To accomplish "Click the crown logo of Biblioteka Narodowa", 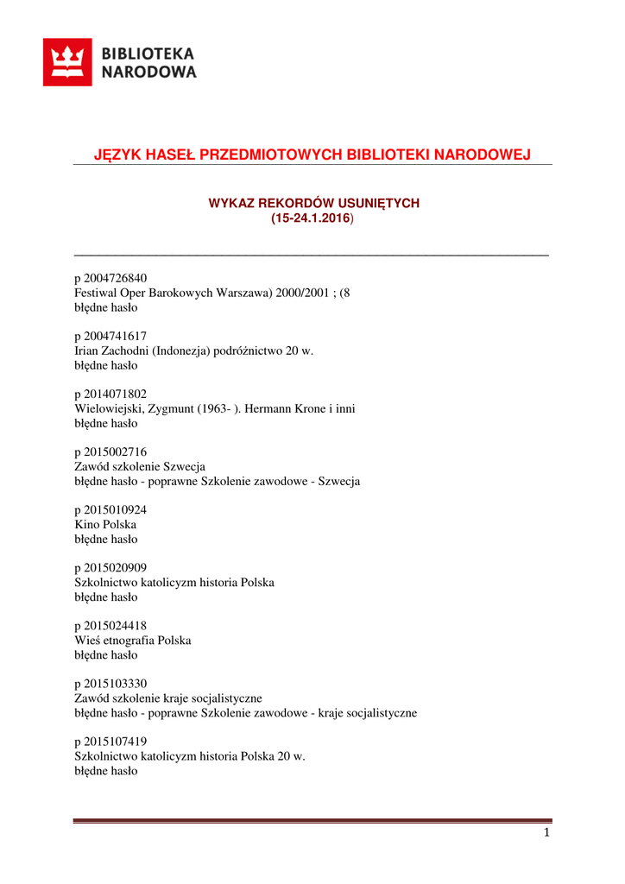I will [67, 62].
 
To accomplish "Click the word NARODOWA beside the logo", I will [149, 73].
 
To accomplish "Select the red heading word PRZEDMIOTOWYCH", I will [276, 155].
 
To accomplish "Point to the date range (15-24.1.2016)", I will [312, 219].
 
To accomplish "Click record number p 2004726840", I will [110, 278].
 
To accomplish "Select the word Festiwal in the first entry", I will [96, 293].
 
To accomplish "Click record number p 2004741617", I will [110, 336].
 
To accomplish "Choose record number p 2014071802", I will [110, 394].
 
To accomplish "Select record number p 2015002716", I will [110, 451].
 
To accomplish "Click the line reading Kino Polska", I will [105, 524].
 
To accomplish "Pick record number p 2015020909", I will [110, 568].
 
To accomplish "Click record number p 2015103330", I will [110, 684].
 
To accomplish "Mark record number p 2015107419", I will [110, 742].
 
